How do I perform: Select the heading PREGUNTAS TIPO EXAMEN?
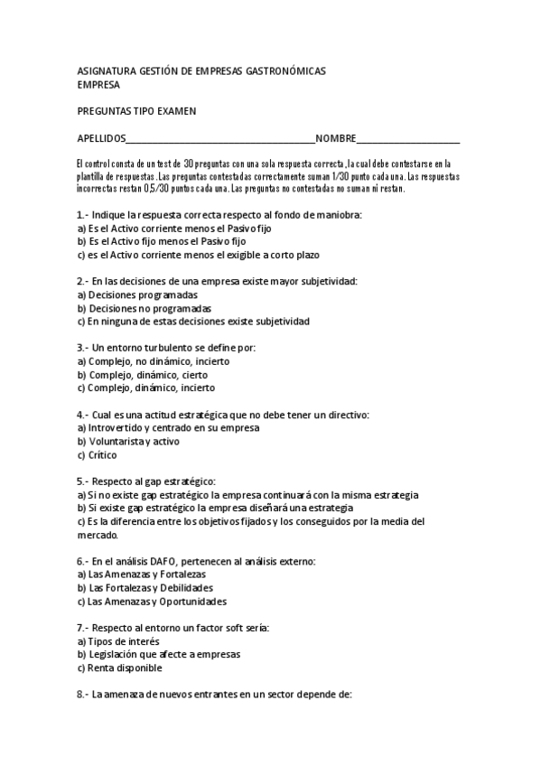pos(137,111)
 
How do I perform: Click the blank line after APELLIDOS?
pos(220,138)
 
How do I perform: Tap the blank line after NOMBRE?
pos(408,138)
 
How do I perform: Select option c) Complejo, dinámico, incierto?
pos(146,388)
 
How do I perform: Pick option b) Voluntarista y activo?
pos(128,441)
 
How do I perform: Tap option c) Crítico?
pos(97,454)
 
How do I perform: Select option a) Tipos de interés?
pos(117,640)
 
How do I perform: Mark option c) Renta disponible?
pos(119,668)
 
